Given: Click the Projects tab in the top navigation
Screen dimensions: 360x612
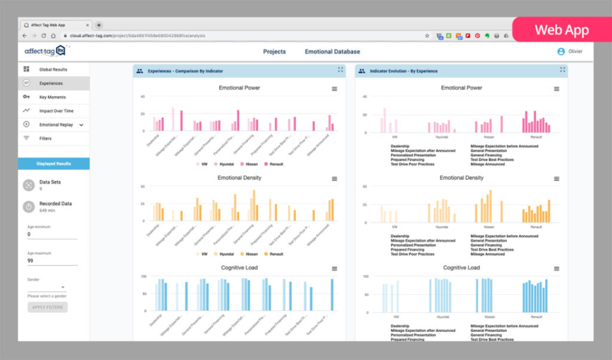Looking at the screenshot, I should point(274,52).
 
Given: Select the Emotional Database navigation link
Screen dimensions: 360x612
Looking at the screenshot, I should point(332,52).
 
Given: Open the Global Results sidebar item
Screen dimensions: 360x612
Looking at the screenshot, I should point(53,69).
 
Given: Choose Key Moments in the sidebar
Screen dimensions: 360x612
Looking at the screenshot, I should point(52,97).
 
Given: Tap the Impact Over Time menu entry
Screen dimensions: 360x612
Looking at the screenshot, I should point(56,111).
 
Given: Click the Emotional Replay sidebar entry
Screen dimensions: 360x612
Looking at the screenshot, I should point(56,125).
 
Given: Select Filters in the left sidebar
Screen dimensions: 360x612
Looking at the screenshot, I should point(45,138).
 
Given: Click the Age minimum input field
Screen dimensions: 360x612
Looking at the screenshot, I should point(52,234).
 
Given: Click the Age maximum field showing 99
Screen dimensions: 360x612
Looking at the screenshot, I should point(52,261).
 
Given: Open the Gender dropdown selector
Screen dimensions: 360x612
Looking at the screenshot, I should point(47,287).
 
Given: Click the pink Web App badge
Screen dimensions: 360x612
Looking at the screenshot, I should point(561,30).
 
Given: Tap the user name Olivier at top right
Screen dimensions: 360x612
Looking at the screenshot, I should point(576,52).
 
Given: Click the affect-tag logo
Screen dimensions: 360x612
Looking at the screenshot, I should point(44,51).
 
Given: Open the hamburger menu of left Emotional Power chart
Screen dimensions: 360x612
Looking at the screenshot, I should point(335,89).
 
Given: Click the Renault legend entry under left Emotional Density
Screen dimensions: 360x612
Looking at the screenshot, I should point(273,254).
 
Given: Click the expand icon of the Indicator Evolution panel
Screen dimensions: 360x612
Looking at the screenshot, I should point(562,70).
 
